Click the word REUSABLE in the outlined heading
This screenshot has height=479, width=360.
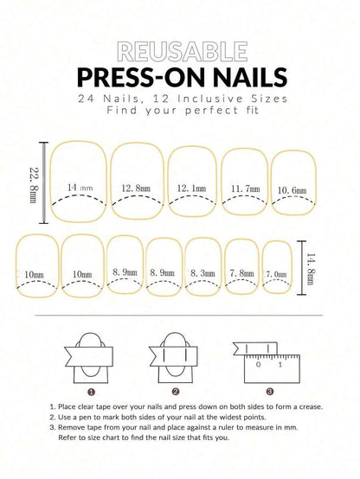[183, 51]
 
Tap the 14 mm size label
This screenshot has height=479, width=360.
[80, 188]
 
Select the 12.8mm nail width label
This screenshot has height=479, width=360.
[136, 188]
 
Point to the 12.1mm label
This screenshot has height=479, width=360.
[191, 188]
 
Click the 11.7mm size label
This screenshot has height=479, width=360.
[245, 188]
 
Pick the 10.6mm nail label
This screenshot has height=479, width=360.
[292, 190]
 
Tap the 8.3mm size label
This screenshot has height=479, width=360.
[202, 273]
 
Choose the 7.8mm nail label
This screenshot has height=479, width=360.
[241, 273]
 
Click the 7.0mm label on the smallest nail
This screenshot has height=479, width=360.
[276, 274]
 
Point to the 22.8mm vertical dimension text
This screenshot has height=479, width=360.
[33, 185]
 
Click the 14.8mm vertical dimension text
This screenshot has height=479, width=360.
[311, 269]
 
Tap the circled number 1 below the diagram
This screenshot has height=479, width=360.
[91, 392]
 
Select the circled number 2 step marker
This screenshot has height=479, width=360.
[176, 392]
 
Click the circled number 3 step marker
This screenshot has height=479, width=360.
[269, 392]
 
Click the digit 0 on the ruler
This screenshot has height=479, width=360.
[259, 364]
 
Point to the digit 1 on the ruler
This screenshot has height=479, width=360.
[280, 364]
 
